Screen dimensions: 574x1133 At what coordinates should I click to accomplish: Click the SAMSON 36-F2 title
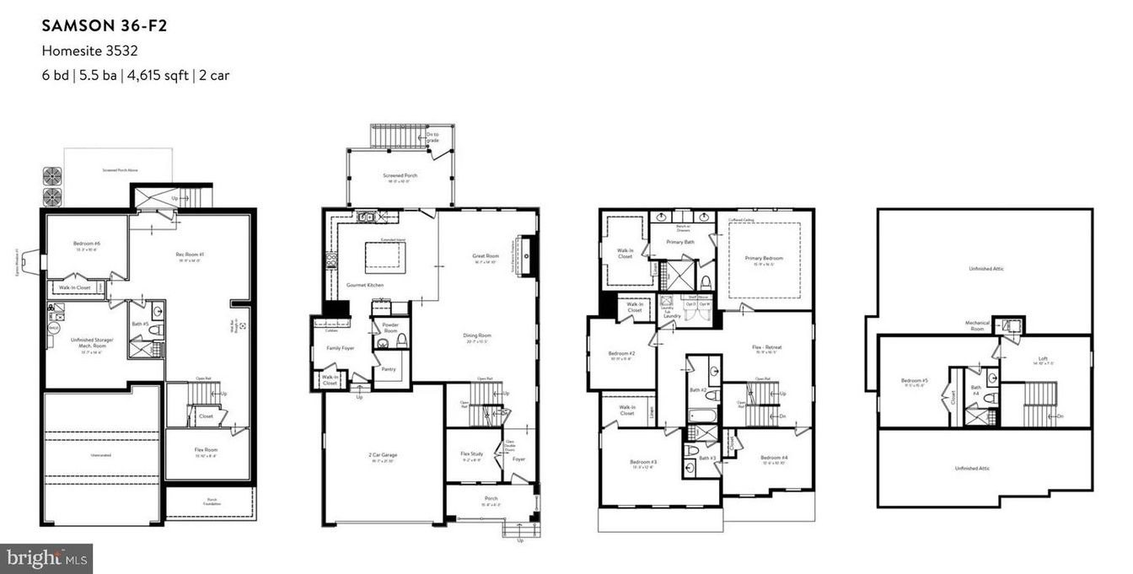[x=105, y=25]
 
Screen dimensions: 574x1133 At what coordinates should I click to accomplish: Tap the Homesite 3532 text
[x=89, y=51]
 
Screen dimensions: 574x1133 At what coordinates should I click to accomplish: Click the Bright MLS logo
[x=46, y=558]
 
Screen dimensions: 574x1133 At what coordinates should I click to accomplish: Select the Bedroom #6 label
[x=84, y=244]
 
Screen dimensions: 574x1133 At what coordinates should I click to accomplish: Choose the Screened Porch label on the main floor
[x=400, y=176]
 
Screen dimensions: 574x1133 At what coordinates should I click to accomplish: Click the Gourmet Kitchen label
[x=365, y=286]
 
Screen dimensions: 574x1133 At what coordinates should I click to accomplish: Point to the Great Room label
[x=486, y=255]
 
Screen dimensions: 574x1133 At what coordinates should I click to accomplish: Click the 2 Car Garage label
[x=383, y=454]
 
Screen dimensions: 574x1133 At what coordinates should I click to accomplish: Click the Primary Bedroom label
[x=763, y=258]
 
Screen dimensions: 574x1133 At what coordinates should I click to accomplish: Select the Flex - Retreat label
[x=767, y=346]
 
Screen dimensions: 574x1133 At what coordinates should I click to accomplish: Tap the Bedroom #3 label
[x=643, y=462]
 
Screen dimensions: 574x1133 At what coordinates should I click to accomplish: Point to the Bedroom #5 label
[x=914, y=380]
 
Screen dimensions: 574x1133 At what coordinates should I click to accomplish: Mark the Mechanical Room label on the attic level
[x=977, y=325]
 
